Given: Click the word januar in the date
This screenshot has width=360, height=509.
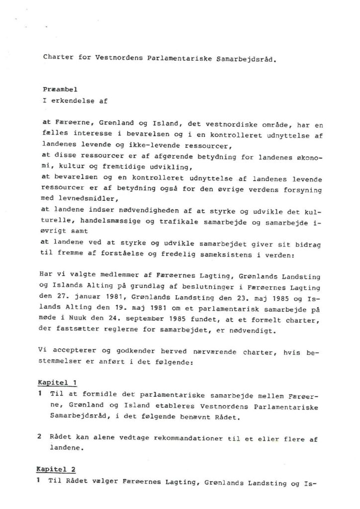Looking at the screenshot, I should (85, 297).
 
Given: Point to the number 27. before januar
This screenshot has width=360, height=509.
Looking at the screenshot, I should (62, 297).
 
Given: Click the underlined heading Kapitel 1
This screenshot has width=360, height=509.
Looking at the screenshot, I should (58, 383).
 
